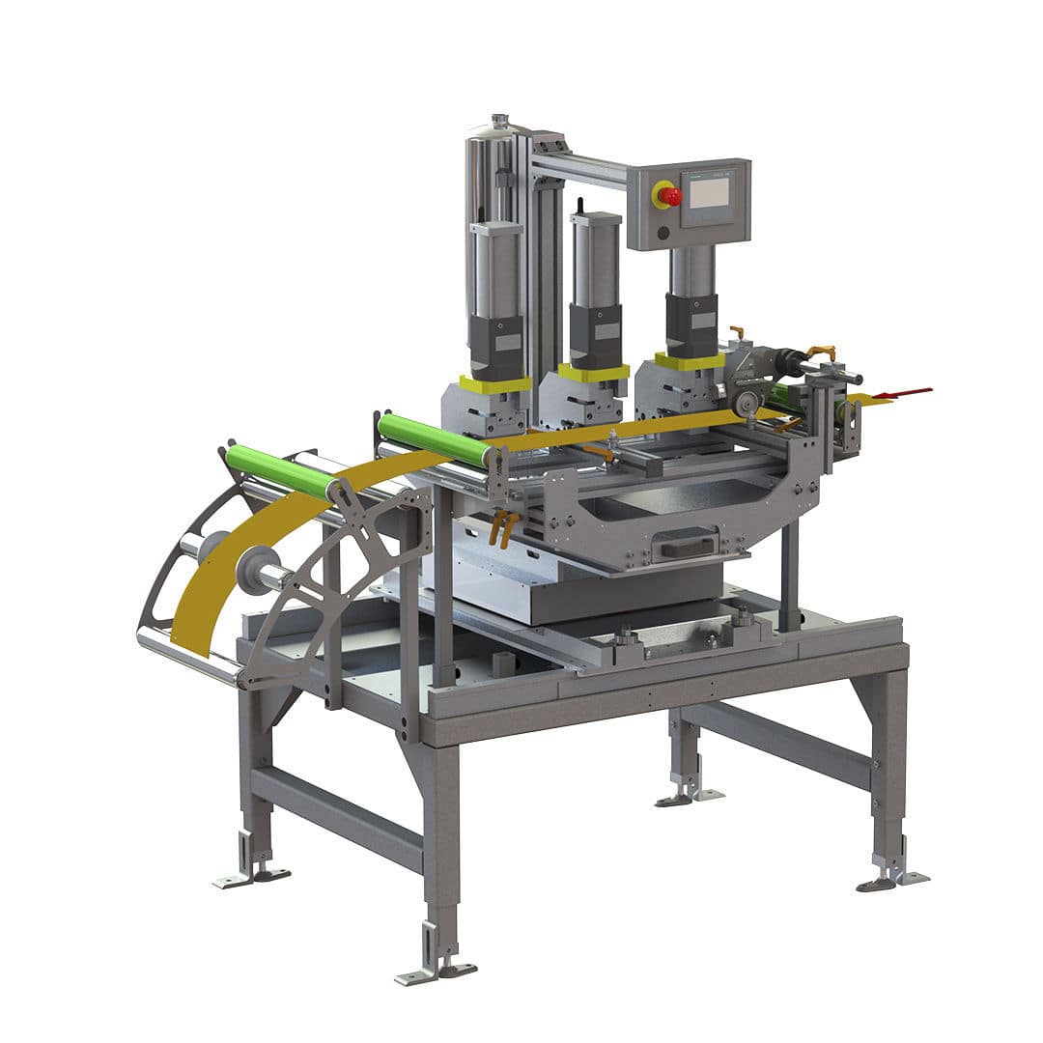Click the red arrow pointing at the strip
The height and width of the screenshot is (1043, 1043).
[907, 392]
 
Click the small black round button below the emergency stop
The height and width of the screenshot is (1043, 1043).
[664, 232]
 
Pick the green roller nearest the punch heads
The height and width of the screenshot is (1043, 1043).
[432, 439]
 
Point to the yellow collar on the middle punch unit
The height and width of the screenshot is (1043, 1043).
[593, 372]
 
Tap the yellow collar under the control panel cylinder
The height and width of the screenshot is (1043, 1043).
[690, 361]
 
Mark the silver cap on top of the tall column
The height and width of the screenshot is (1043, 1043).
[499, 123]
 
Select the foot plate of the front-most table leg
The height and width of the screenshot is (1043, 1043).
[435, 971]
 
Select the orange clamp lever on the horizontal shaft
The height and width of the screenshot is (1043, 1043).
[820, 352]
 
